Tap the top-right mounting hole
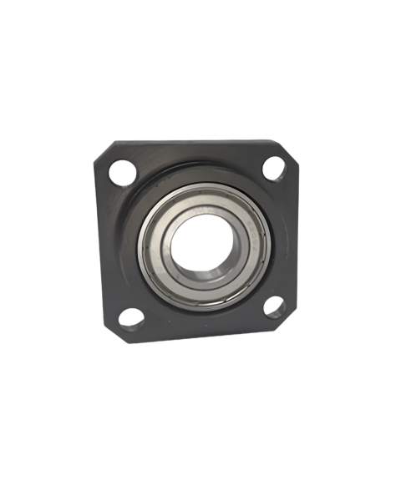click(274, 168)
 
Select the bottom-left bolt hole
click(130, 317)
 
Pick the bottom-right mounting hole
click(275, 307)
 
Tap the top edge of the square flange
click(196, 142)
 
